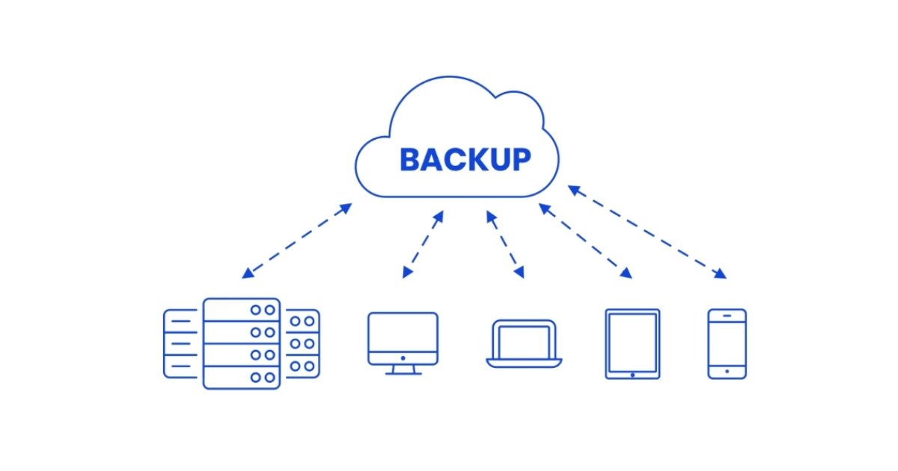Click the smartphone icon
tap(727, 344)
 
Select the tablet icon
tap(632, 344)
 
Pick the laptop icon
tap(524, 345)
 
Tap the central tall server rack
tap(242, 343)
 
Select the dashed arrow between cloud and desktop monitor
tap(423, 244)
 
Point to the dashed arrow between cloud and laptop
tap(506, 244)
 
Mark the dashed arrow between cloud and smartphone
tap(647, 233)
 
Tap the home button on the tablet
tap(632, 374)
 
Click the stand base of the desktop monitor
tap(403, 372)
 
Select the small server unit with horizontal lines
tap(180, 343)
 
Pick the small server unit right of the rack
tap(302, 343)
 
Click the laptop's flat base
tap(524, 363)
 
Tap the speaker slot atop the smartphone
tap(727, 315)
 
